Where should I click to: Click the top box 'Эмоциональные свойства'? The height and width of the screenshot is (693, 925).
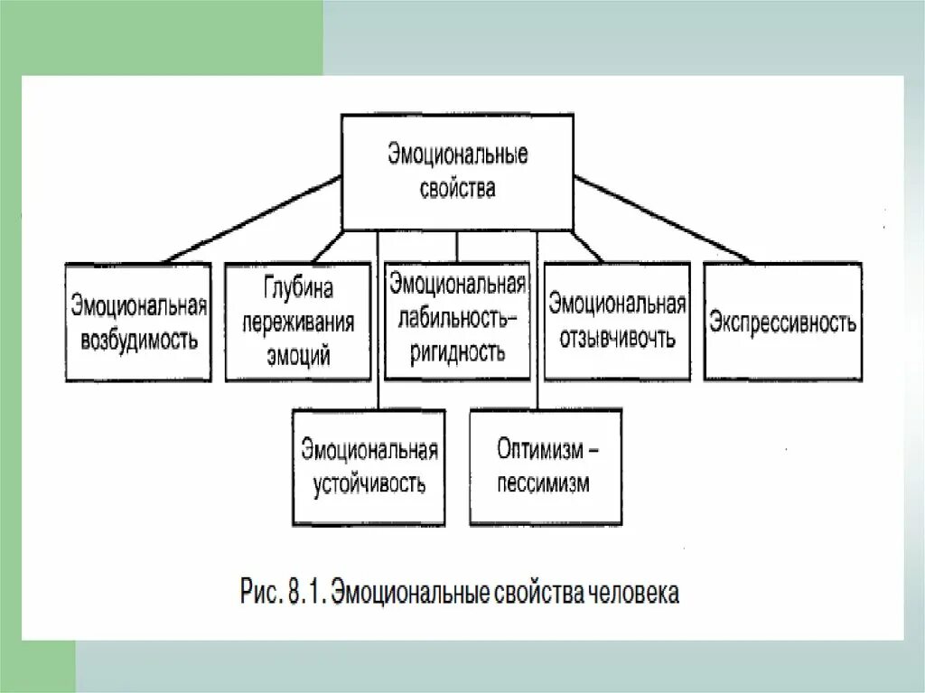[457, 172]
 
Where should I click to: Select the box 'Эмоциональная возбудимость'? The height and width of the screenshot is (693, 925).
[138, 322]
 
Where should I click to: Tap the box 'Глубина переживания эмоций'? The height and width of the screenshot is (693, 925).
[298, 322]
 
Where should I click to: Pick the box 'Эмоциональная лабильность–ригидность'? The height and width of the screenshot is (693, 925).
[457, 320]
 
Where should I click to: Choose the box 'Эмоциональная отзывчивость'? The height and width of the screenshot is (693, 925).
[617, 322]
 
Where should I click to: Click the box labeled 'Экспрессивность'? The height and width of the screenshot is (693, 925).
[782, 322]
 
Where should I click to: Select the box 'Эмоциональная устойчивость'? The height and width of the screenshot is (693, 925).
[369, 467]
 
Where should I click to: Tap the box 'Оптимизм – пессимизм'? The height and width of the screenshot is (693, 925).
[545, 467]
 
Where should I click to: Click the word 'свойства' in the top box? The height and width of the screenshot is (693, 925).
[458, 190]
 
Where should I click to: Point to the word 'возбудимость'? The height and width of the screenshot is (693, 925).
[138, 341]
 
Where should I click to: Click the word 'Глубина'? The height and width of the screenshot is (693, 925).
[298, 288]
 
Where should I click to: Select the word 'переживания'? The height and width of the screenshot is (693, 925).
[298, 323]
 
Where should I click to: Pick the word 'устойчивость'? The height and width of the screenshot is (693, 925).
[369, 483]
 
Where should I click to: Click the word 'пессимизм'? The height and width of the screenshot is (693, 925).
[543, 483]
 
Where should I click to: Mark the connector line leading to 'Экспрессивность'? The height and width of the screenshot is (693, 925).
[664, 219]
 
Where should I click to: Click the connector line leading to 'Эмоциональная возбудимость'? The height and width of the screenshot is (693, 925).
[253, 219]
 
